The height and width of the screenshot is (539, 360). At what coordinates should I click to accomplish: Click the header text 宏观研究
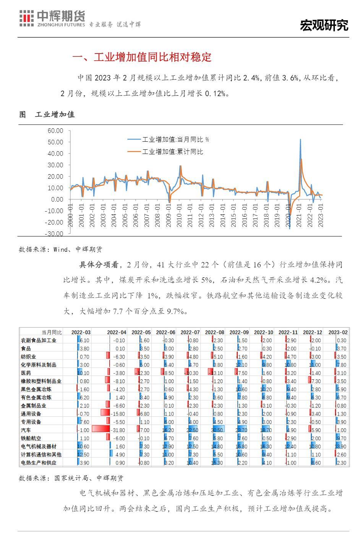[x=324, y=26]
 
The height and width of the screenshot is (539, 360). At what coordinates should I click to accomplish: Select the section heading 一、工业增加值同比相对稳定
[x=142, y=57]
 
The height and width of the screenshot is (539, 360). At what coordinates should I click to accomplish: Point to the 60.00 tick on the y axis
[x=55, y=131]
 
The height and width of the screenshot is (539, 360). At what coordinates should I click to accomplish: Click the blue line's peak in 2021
[x=300, y=139]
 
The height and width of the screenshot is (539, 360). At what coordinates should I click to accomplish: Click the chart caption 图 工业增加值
[x=47, y=114]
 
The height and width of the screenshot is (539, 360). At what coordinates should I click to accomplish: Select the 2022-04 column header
[x=117, y=332]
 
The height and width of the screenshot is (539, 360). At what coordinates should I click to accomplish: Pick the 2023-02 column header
[x=337, y=332]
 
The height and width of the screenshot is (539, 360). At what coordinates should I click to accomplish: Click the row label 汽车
[x=26, y=430]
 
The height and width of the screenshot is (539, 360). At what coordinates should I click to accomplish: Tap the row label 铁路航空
[x=31, y=438]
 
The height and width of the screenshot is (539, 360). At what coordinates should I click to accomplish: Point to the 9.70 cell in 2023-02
[x=341, y=438]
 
